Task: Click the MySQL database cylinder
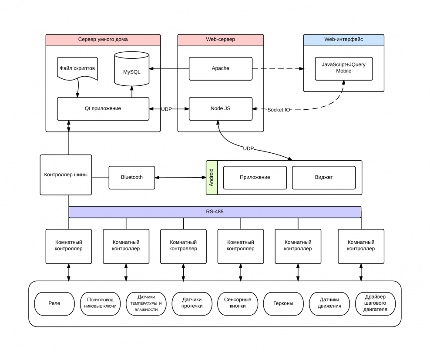132,70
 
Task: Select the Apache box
220,69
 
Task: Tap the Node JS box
220,108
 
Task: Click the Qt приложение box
103,108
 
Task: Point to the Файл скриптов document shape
77,69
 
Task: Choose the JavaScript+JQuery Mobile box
344,67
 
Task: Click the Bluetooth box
132,178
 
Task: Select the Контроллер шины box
66,175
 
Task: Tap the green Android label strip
212,178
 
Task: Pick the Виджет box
324,178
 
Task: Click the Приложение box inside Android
255,178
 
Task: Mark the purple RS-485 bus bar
215,212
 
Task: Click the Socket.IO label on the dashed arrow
279,109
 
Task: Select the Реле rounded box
54,303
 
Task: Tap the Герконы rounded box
283,303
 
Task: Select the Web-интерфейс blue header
344,40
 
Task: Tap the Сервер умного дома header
103,40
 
